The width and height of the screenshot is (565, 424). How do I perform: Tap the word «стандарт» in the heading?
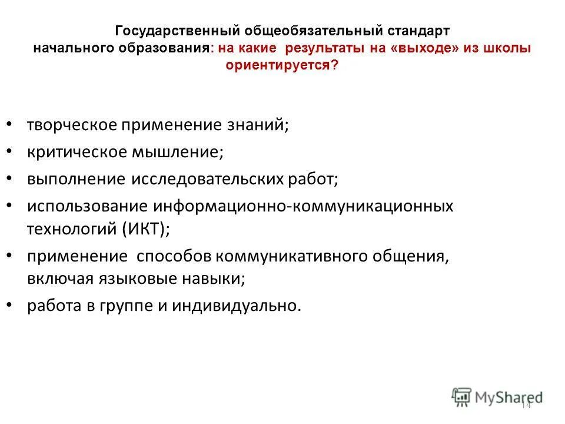click(419, 29)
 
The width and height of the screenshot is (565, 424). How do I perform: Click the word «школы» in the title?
click(507, 48)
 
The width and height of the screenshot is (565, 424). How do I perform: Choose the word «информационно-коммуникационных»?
click(304, 206)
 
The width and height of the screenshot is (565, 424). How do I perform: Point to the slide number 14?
click(526, 406)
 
